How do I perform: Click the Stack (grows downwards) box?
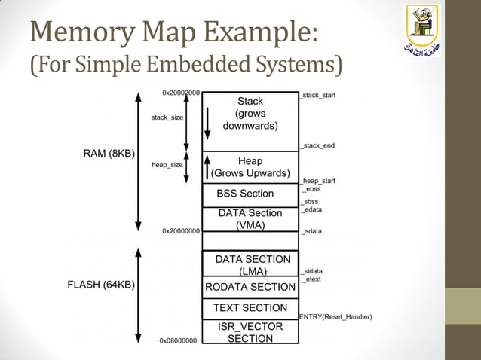pos(250,121)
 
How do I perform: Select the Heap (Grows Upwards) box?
pos(250,167)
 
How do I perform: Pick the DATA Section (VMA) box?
pos(250,218)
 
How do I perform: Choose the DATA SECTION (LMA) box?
pos(250,264)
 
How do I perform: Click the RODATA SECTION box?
pos(250,287)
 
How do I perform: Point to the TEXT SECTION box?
pos(250,308)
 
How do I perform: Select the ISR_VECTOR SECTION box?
pos(250,332)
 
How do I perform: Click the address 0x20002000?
pos(181,93)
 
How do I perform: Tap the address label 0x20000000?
pos(181,231)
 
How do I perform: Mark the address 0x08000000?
pos(178,341)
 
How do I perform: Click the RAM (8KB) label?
pos(109,154)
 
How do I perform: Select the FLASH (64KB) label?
pos(102,285)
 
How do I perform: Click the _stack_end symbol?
pos(317,145)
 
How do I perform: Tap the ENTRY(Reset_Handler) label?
pos(335,317)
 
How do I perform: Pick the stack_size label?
pos(167,117)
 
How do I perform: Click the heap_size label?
pos(167,165)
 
